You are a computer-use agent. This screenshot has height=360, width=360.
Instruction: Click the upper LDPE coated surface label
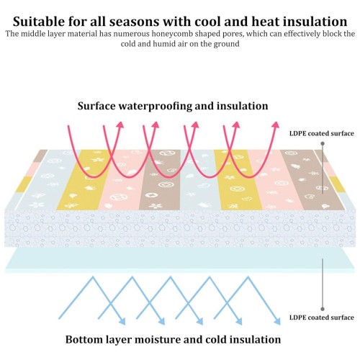tap(322, 133)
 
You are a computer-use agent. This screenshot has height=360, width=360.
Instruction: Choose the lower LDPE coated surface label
tap(322, 318)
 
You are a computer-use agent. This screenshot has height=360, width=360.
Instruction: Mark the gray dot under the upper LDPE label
tap(323, 143)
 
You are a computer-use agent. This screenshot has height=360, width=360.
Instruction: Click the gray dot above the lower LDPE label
tap(323, 309)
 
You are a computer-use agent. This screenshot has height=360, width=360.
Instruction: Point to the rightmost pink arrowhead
tap(276, 125)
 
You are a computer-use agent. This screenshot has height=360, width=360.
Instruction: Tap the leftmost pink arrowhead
tap(120, 125)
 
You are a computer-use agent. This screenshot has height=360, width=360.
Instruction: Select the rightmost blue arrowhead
tap(277, 322)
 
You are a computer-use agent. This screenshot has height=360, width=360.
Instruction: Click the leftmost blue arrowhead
tap(122, 322)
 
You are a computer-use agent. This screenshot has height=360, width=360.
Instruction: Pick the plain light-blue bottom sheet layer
tap(180, 258)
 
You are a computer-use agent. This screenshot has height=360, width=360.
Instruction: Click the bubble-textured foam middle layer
tap(180, 228)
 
